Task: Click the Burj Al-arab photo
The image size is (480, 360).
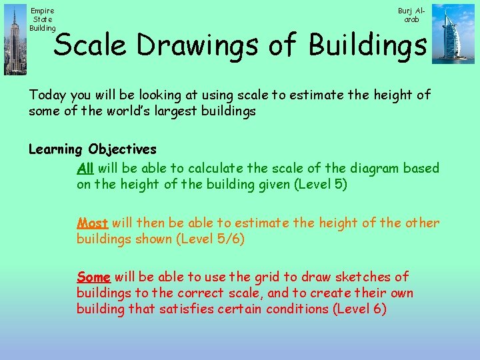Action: pyautogui.click(x=453, y=33)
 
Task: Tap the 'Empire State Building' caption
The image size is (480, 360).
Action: pyautogui.click(x=43, y=19)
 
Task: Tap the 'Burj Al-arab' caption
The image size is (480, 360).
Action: pyautogui.click(x=411, y=15)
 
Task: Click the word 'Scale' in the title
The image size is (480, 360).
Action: pyautogui.click(x=90, y=45)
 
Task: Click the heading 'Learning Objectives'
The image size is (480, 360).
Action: pyautogui.click(x=92, y=149)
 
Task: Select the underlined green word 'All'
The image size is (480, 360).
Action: pyautogui.click(x=85, y=168)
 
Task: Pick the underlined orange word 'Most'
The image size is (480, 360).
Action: pyautogui.click(x=92, y=223)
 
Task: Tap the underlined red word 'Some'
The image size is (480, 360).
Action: pyautogui.click(x=93, y=277)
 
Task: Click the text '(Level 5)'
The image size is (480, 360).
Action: pyautogui.click(x=321, y=184)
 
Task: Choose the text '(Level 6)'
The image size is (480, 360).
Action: pyautogui.click(x=360, y=309)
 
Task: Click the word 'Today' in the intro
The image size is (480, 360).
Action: pyautogui.click(x=48, y=95)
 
